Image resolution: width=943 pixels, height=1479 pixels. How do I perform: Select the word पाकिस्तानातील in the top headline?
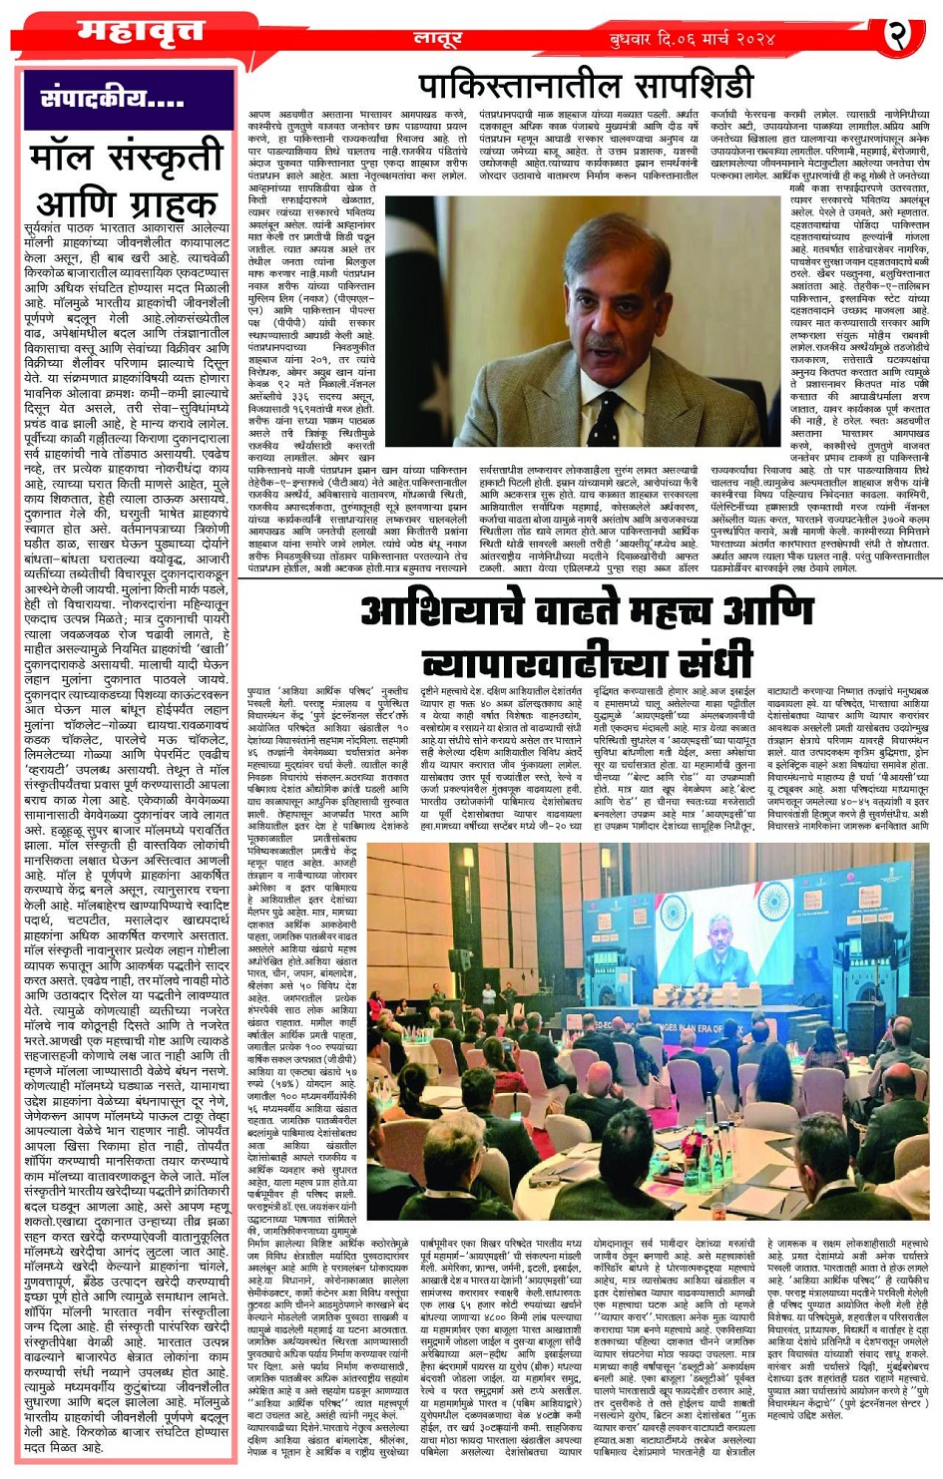point(515,85)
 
